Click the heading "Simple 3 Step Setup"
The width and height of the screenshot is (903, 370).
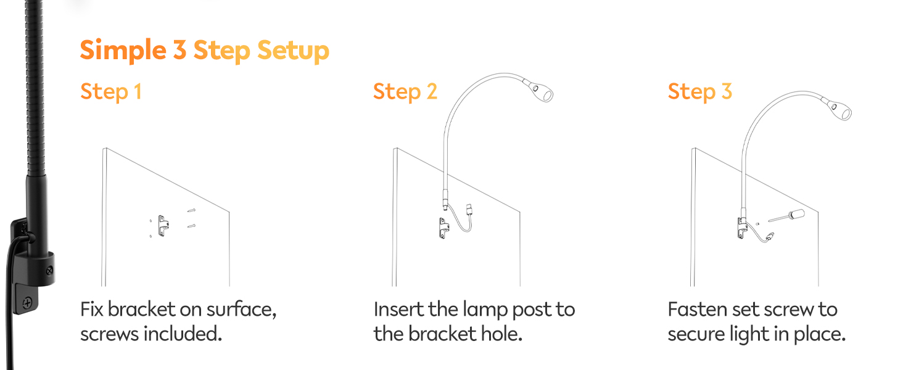(x=204, y=51)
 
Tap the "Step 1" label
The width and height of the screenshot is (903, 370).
(x=111, y=92)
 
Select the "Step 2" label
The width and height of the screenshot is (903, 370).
(x=405, y=92)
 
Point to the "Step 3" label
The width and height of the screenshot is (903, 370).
(x=700, y=92)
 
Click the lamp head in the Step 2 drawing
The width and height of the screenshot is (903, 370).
(x=539, y=91)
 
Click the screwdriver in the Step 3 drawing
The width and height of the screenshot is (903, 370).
(x=786, y=216)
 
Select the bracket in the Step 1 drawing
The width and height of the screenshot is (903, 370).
(x=163, y=226)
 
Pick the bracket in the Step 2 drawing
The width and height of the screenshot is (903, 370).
(x=444, y=229)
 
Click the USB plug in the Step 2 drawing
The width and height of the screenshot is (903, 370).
(x=469, y=210)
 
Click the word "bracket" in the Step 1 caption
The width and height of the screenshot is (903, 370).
(x=141, y=310)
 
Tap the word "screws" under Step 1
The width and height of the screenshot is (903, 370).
(x=109, y=334)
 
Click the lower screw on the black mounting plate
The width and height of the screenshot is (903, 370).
(x=27, y=302)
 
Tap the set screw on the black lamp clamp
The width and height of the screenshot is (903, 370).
(x=49, y=271)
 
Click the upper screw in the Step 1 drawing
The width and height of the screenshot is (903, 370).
(x=191, y=210)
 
